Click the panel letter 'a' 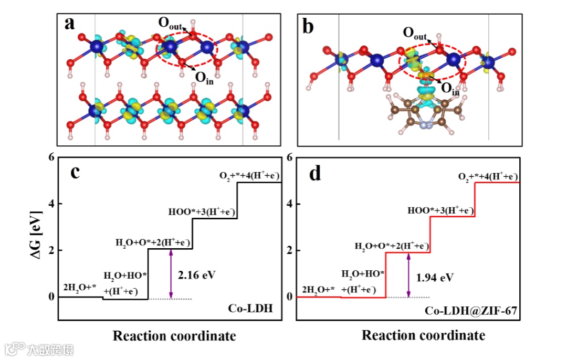pyautogui.click(x=70, y=24)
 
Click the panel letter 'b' pyautogui.click(x=309, y=25)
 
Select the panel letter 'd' pyautogui.click(x=314, y=173)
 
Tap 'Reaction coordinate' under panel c pyautogui.click(x=174, y=336)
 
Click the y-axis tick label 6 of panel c pyautogui.click(x=51, y=157)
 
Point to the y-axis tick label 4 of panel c pyautogui.click(x=51, y=204)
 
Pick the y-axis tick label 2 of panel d pyautogui.click(x=290, y=250)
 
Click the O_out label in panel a pyautogui.click(x=171, y=23)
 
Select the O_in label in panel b pyautogui.click(x=450, y=90)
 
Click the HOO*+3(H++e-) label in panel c pyautogui.click(x=202, y=212)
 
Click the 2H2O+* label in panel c pyautogui.click(x=79, y=288)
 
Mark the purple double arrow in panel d pyautogui.click(x=408, y=274)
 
